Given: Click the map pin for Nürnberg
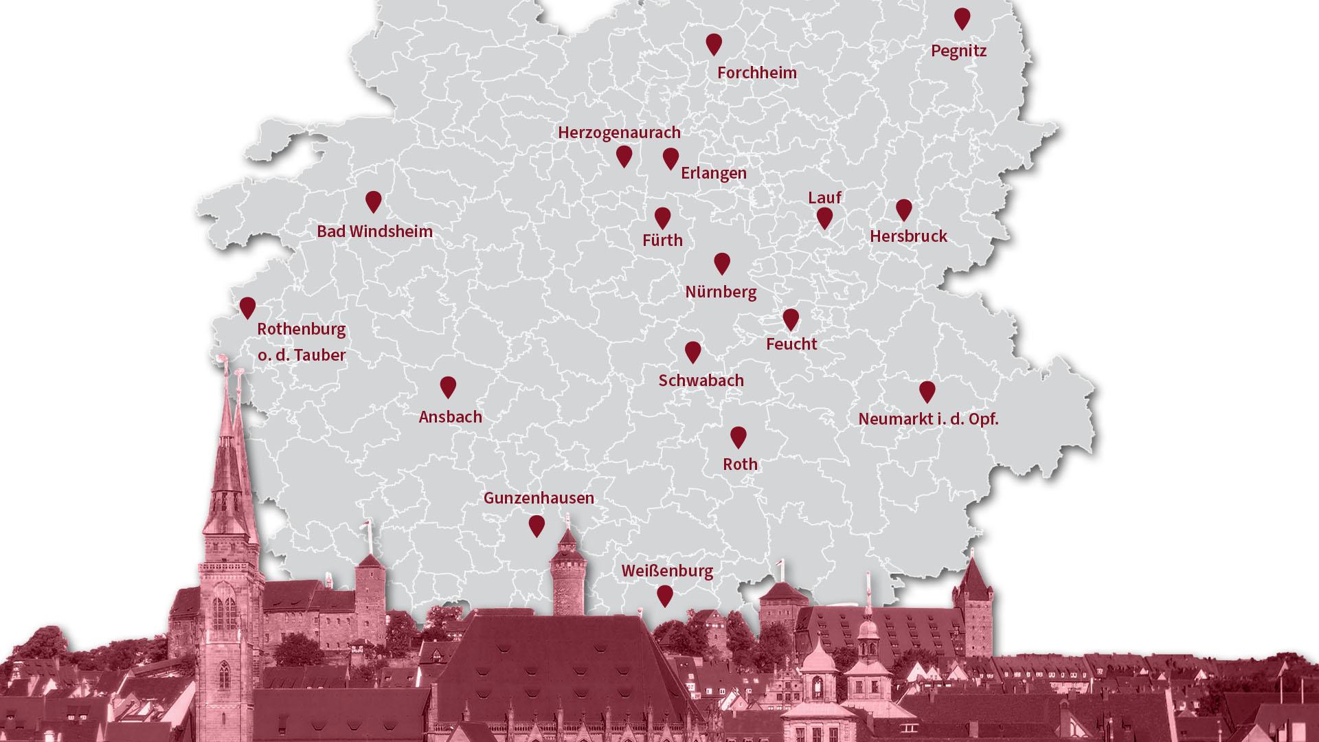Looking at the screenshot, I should coord(721,262).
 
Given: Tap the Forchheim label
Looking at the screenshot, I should coord(757,73).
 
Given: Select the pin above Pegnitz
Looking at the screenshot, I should coord(962,18).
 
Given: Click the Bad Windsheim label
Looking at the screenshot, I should coord(374,232).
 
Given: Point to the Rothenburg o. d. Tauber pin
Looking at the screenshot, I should coord(247,307).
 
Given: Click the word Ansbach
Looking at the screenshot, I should coord(450,417).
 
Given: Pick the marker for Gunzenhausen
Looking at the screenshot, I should coord(537,526).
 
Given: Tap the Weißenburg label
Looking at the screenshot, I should coord(667,571).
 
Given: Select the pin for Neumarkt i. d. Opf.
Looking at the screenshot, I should coord(927,391).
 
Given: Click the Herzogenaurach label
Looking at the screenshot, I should coord(619,133).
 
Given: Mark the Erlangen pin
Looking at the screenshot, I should coord(670,158).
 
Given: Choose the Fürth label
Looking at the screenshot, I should coord(662,240).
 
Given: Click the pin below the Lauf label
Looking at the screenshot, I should coord(824,218).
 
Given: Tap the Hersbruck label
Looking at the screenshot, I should coord(908,236).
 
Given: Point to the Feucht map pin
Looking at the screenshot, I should coord(791,319).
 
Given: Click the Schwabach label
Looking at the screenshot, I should coord(701,381).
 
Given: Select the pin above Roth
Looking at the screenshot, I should coord(738,436).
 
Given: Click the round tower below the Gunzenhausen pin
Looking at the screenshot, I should coord(567,577).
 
